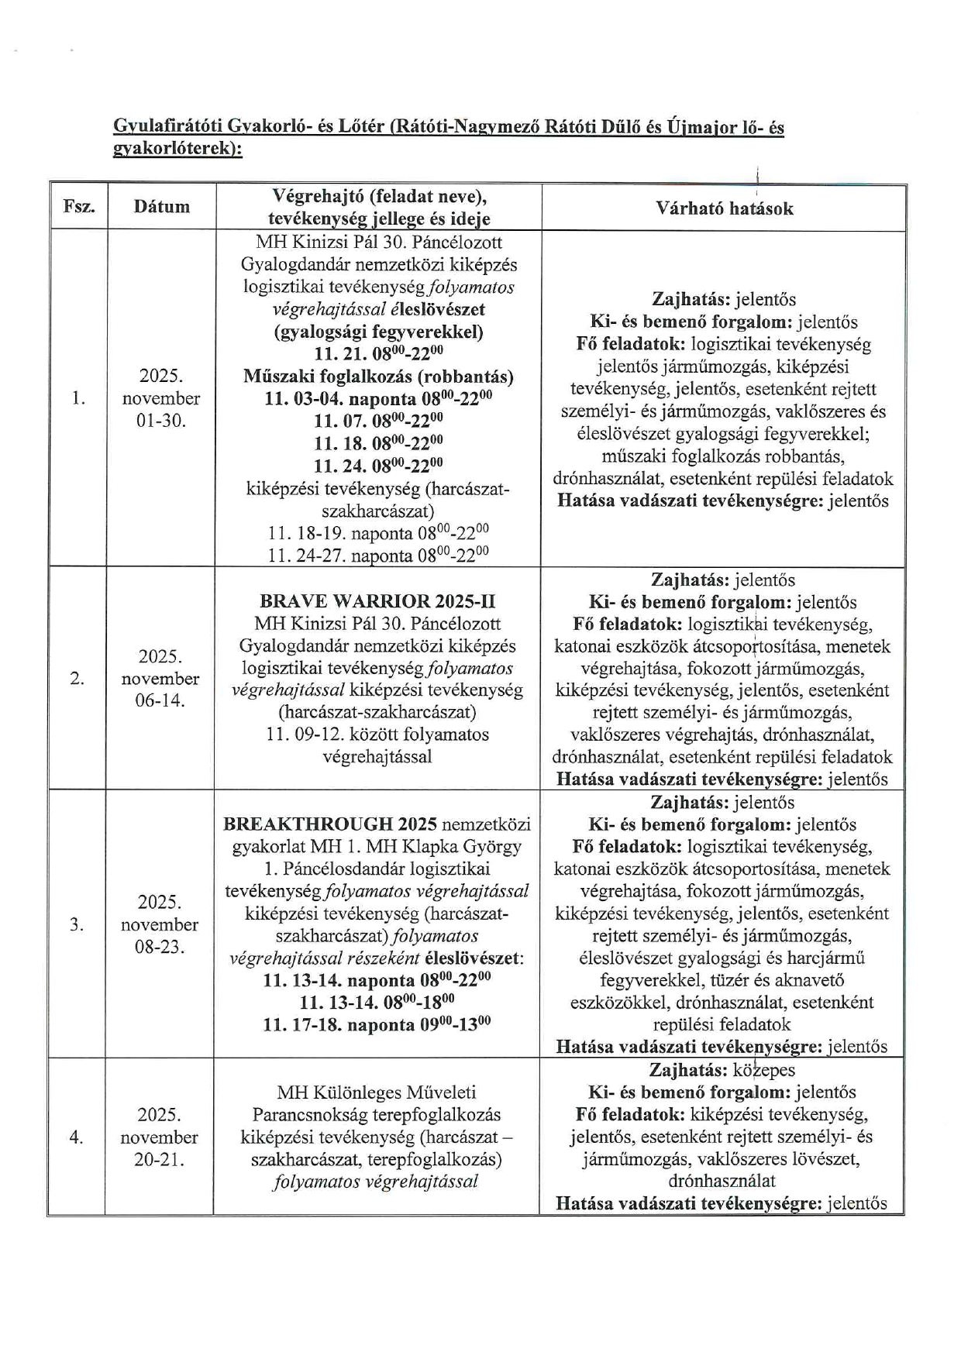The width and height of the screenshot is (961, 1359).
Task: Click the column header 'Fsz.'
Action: point(78,207)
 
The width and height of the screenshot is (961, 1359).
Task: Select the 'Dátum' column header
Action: point(161,207)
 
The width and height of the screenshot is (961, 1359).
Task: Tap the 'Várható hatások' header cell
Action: point(724,208)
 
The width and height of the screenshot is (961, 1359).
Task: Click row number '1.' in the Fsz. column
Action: point(77,398)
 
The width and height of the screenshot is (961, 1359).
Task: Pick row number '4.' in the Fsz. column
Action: point(76,1137)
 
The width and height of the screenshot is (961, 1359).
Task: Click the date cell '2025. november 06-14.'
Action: point(160,679)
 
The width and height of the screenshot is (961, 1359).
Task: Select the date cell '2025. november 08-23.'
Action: point(159,924)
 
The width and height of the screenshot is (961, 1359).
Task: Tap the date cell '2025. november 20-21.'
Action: point(159,1137)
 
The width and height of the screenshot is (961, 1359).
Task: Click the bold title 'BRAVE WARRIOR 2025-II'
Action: point(377,601)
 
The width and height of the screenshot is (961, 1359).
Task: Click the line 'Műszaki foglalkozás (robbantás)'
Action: point(377,377)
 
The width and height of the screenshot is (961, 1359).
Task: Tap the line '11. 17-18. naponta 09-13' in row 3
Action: point(377,1024)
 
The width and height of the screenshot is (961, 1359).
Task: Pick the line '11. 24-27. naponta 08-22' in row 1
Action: point(377,556)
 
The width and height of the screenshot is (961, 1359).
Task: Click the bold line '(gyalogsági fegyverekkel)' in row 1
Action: point(378,332)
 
